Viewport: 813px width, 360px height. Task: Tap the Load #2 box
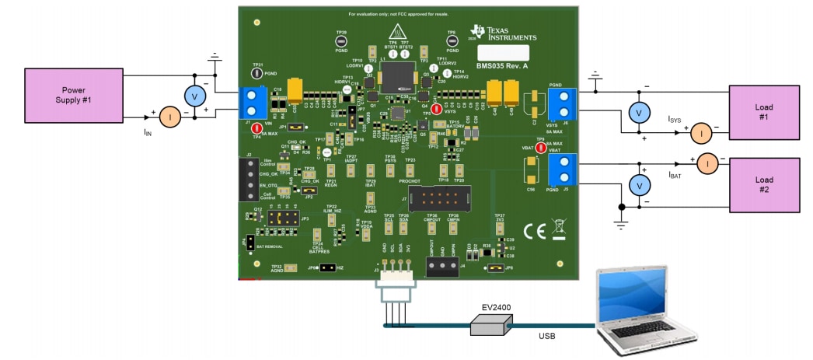pos(763,185)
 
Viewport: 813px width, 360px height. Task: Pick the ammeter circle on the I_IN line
pos(169,117)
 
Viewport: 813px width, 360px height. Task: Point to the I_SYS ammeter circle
pos(702,134)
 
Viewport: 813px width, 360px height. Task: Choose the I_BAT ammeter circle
pos(707,164)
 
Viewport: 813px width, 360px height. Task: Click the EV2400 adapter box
pos(488,326)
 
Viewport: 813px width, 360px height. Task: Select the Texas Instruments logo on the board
pos(503,32)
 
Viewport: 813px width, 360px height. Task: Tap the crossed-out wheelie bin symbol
pos(558,229)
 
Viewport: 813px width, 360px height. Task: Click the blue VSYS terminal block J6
pos(559,105)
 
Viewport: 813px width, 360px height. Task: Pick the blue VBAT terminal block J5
pos(559,170)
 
